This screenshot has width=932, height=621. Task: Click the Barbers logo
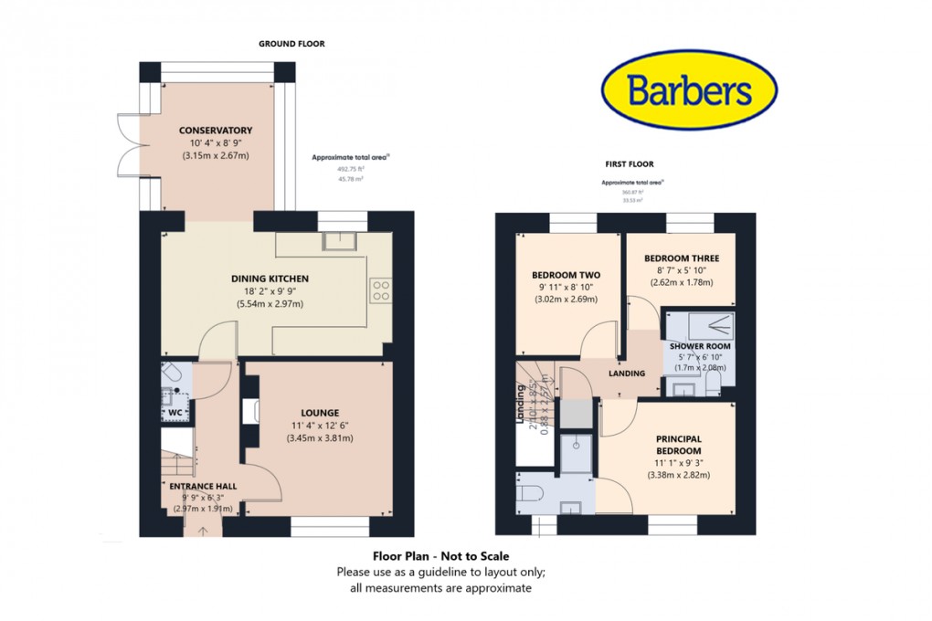click(689, 90)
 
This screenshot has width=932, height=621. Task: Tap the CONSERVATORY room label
click(216, 131)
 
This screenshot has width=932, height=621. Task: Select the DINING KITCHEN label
click(270, 279)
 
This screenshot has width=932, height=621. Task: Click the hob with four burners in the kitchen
click(380, 290)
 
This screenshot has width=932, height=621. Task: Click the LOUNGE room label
click(319, 413)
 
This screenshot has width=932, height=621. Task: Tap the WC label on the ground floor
click(176, 414)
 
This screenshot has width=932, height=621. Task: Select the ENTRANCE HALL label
click(202, 486)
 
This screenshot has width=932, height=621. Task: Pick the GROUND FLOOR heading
click(291, 44)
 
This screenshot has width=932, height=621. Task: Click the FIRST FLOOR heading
click(630, 164)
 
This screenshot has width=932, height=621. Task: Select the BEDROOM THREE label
click(682, 258)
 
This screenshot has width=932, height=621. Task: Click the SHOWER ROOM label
click(700, 347)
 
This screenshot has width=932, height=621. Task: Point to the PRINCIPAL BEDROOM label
click(678, 445)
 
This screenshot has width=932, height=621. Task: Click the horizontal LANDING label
click(627, 374)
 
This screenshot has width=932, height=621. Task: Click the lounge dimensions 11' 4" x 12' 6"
click(319, 426)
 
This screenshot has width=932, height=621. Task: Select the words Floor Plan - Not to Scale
click(440, 556)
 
